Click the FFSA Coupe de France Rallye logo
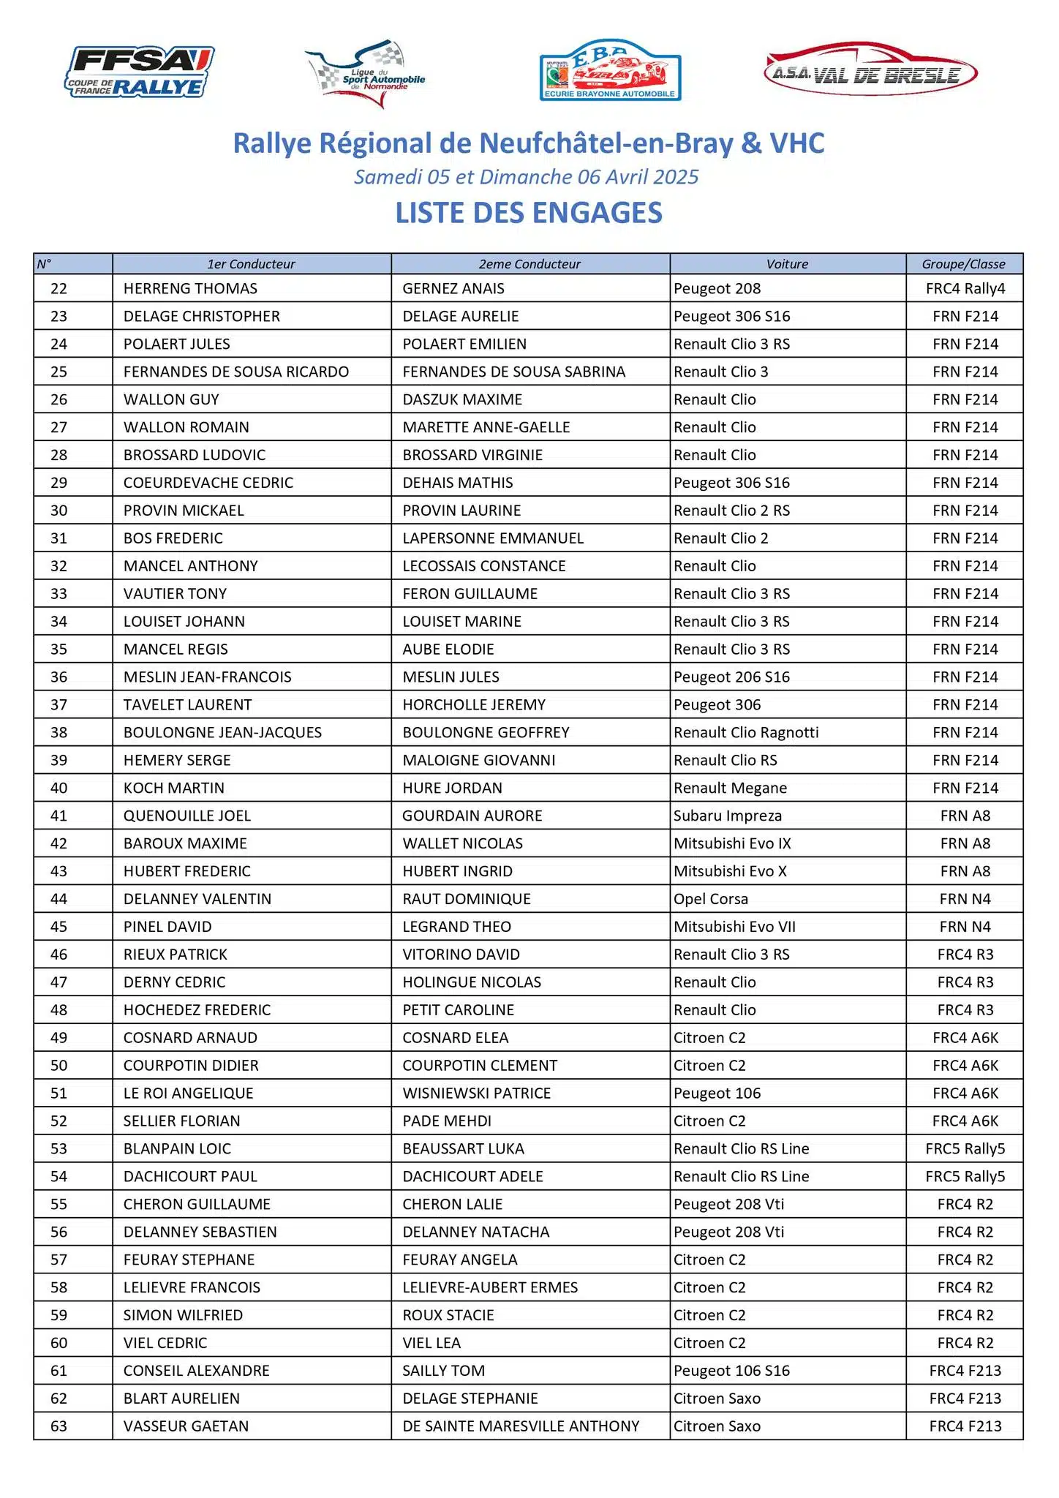coord(140,72)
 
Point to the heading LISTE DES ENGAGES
coord(529,213)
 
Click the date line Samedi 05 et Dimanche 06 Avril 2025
coord(527,177)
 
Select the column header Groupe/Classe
coord(963,264)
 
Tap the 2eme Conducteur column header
coord(529,264)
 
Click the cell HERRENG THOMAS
coord(190,289)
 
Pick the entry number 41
coord(59,816)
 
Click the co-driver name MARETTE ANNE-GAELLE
coord(486,427)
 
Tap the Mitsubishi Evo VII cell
coord(734,927)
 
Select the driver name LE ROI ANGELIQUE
coord(188,1093)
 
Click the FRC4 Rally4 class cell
coord(965,289)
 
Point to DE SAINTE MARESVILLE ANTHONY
coord(521,1426)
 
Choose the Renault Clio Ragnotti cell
coord(746,732)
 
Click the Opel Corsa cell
coord(711,899)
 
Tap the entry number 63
coord(59,1426)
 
